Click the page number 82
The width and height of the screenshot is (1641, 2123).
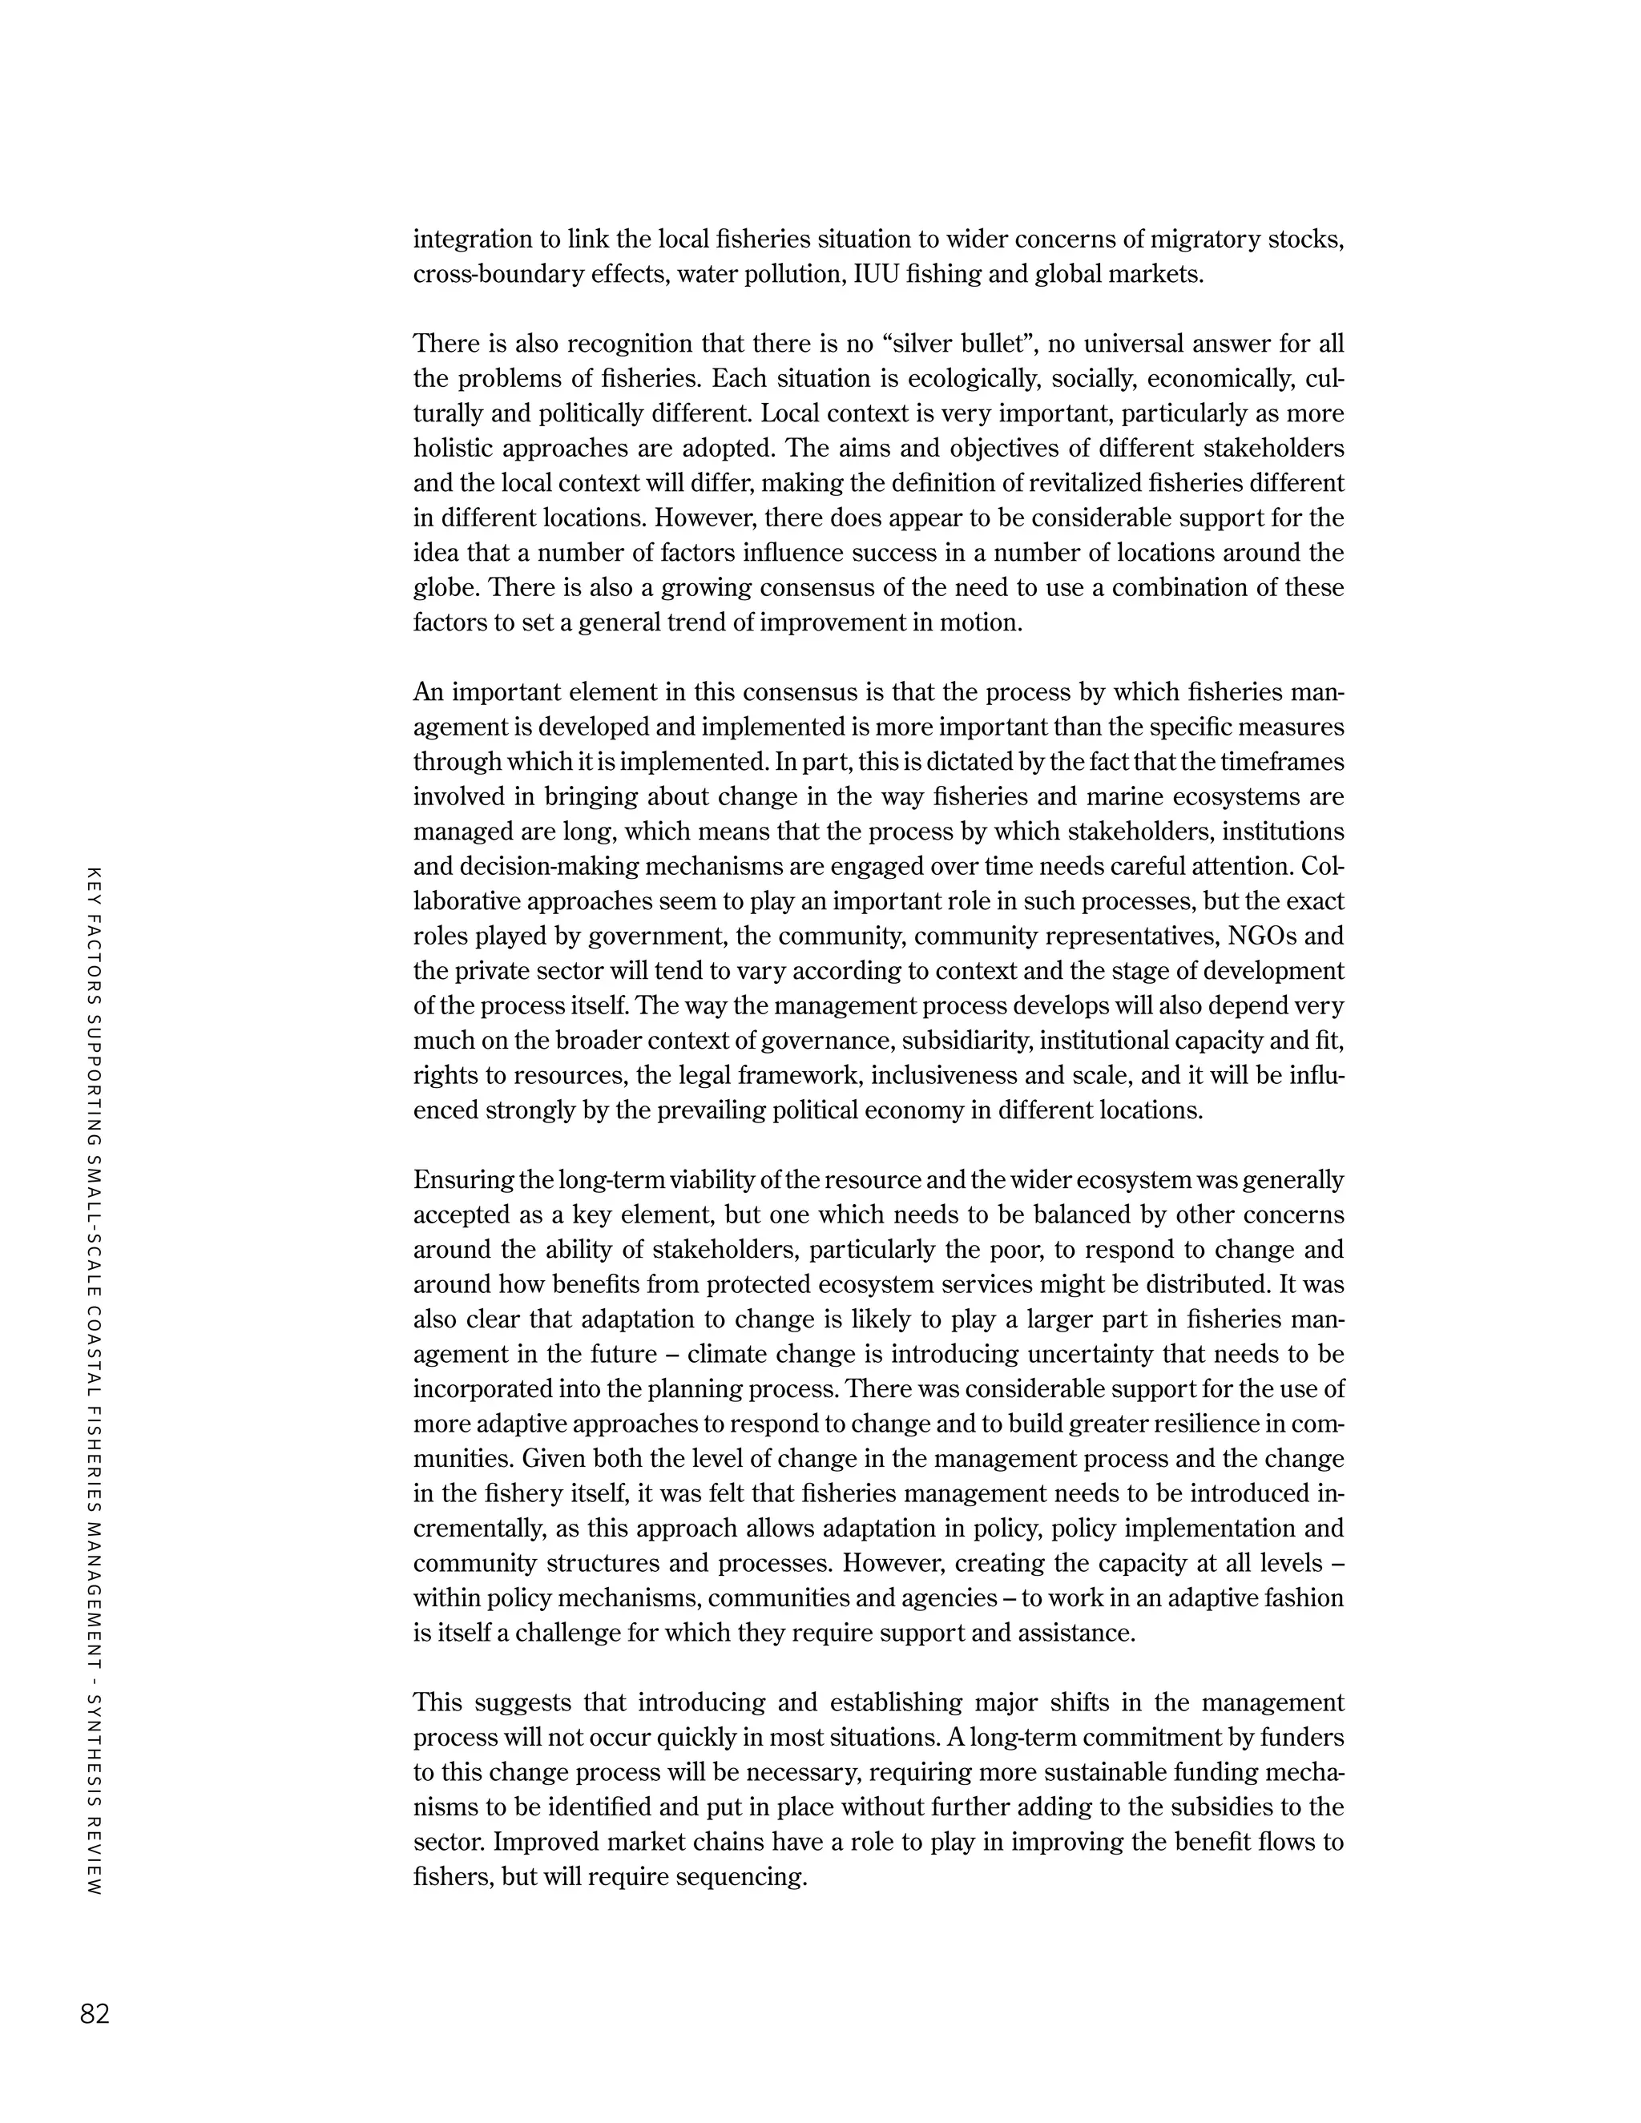95,2013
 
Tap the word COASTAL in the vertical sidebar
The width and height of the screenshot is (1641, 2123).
95,1357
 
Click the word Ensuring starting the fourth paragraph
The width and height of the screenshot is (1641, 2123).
464,1180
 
